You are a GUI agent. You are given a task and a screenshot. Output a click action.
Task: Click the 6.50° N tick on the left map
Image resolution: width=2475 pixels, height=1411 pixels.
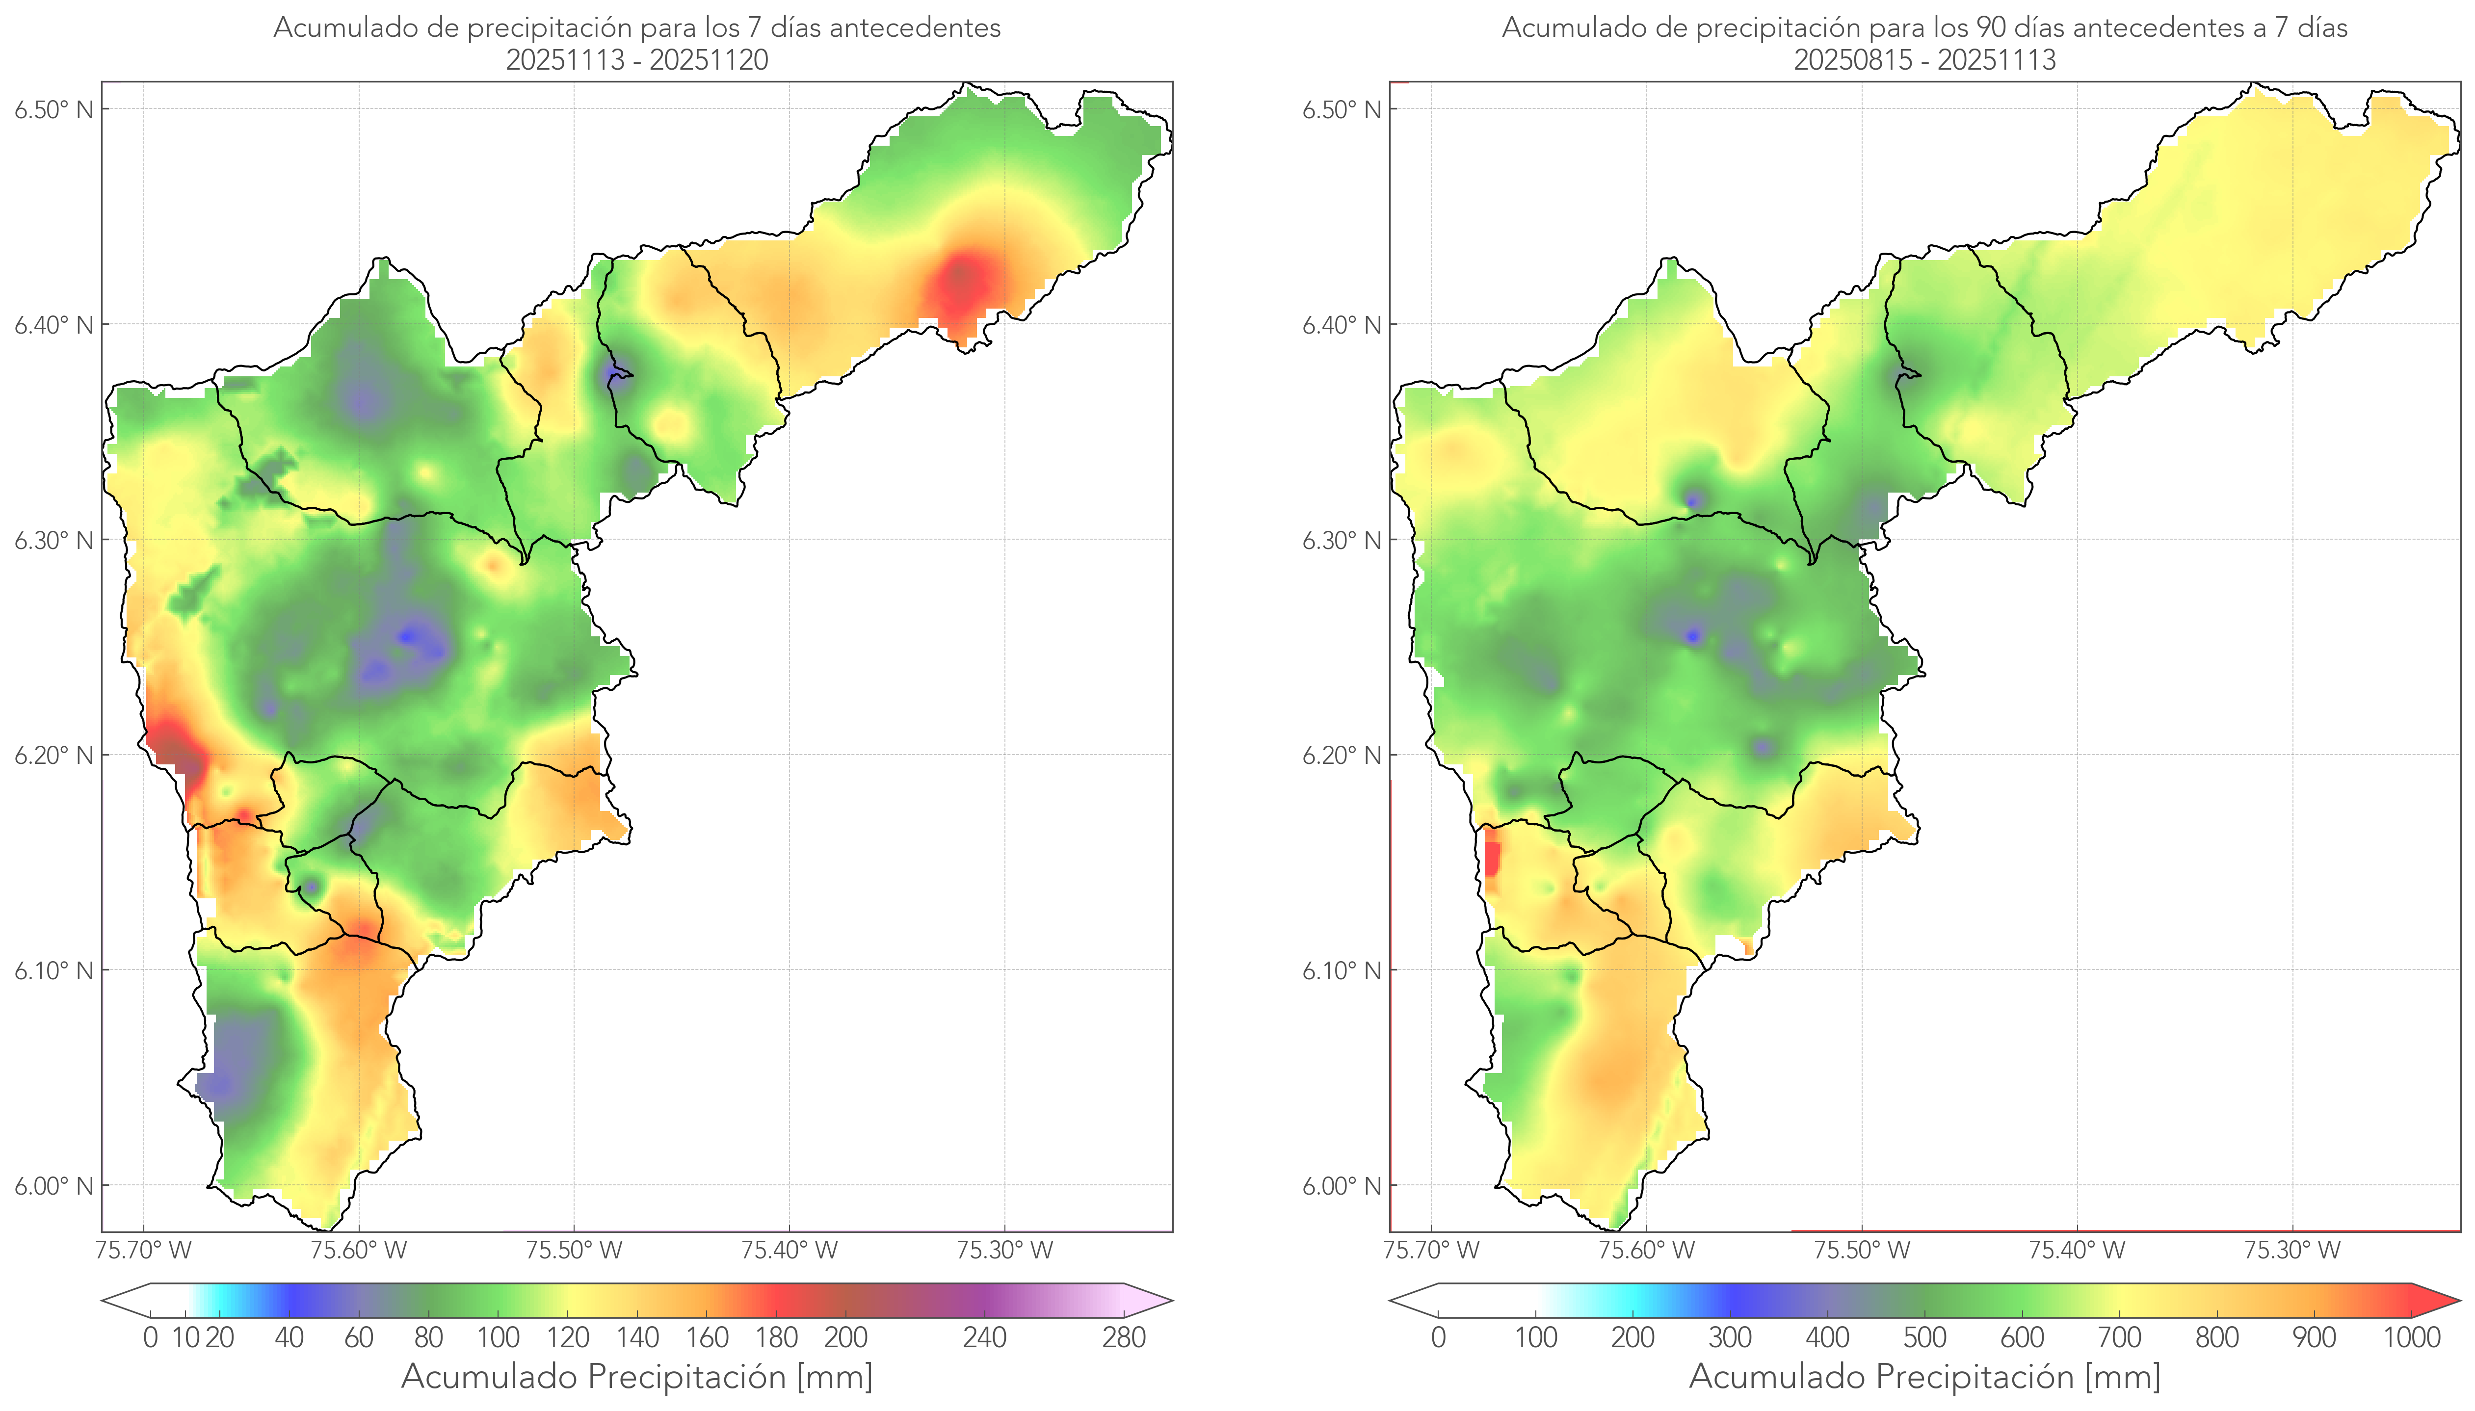coord(54,108)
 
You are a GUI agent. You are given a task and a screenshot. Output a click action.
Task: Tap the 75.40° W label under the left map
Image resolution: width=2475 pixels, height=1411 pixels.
coord(789,1250)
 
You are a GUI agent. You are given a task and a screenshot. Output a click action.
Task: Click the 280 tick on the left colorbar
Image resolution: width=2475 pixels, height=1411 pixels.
coord(1124,1337)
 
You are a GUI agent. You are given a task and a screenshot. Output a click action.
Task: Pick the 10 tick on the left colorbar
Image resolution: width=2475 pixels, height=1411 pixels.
coord(185,1337)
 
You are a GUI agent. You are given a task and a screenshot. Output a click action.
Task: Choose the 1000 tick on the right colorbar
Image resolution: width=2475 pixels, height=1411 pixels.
coord(2411,1337)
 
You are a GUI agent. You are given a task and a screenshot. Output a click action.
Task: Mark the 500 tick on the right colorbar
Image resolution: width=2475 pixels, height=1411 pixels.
coord(1924,1337)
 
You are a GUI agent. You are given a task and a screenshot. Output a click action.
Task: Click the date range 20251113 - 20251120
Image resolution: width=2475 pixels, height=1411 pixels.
coord(637,60)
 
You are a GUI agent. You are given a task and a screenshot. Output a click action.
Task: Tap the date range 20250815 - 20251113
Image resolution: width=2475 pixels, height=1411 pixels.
coord(1924,60)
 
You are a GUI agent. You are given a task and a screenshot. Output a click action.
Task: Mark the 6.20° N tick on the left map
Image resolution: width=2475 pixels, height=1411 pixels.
coord(54,755)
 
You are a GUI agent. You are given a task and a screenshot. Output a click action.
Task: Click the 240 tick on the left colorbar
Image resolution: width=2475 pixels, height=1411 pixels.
coord(985,1337)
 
